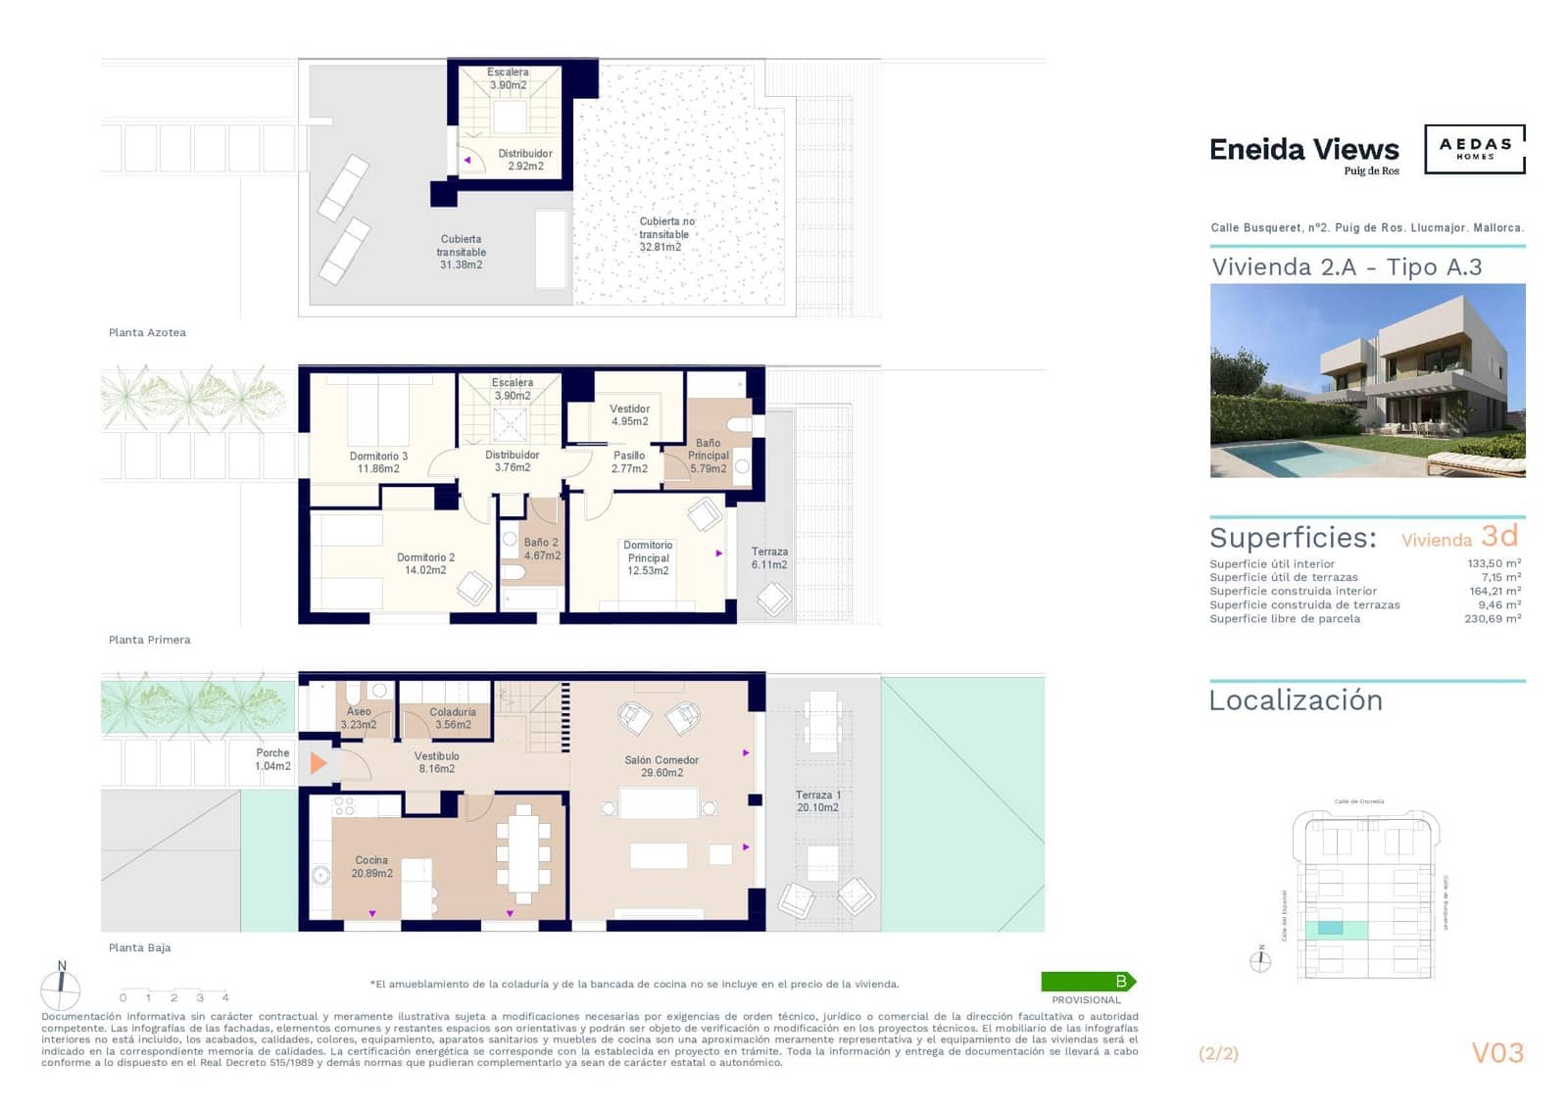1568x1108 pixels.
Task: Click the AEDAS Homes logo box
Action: (1474, 149)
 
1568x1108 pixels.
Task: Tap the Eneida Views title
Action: (1303, 150)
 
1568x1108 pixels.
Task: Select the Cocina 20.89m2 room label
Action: (371, 867)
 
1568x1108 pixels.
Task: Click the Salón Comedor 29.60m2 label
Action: (661, 766)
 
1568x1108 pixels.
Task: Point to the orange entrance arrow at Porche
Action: (318, 762)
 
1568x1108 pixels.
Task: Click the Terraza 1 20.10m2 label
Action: (817, 801)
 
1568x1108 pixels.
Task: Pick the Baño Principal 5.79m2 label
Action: (708, 456)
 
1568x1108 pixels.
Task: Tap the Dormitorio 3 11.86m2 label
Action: (378, 462)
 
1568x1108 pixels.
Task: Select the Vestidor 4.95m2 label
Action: (629, 415)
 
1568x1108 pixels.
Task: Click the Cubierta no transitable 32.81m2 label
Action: (665, 234)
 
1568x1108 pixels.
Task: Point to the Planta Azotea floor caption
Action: (147, 333)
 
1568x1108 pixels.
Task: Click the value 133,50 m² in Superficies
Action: (1494, 563)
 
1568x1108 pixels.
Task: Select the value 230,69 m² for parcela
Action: (1492, 619)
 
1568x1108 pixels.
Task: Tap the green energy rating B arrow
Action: (1088, 981)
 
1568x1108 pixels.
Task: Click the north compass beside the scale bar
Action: (61, 988)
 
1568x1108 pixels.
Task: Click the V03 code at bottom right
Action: (1497, 1053)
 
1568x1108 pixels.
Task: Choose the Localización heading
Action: (1296, 700)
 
